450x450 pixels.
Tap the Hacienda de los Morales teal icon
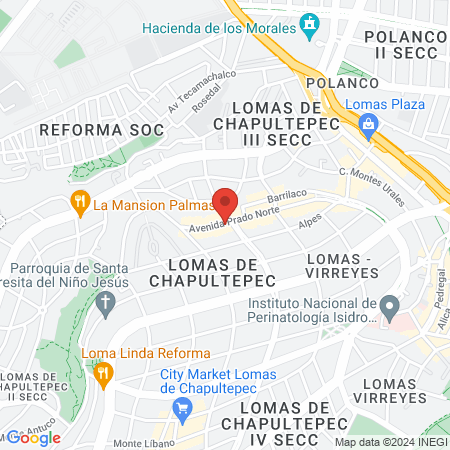tap(311, 22)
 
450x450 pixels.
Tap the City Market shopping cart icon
tap(182, 407)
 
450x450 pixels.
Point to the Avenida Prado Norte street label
tap(234, 222)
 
